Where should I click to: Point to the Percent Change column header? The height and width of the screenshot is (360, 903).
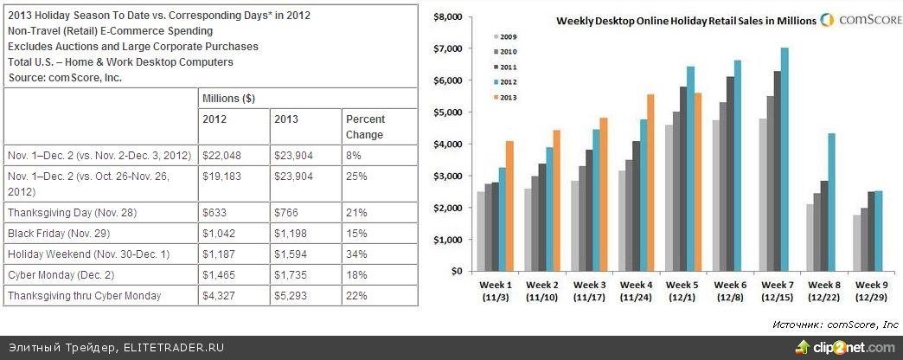[365, 127]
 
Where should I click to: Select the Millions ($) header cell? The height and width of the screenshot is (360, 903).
[228, 99]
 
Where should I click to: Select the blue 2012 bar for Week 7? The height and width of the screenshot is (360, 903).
[784, 159]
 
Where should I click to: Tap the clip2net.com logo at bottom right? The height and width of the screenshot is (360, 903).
[844, 348]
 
